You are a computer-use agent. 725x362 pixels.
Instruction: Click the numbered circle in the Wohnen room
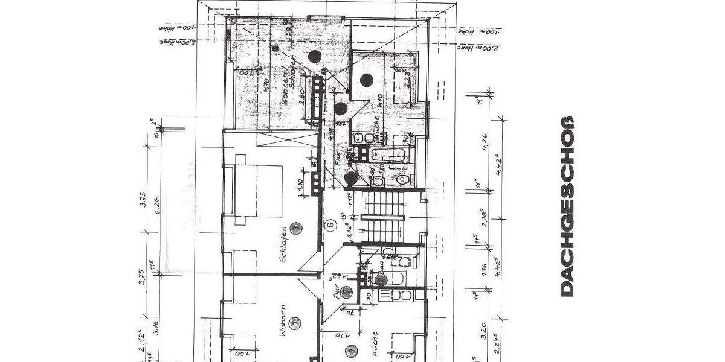tap(295, 323)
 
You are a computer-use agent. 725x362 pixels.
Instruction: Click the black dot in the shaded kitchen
tap(366, 79)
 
